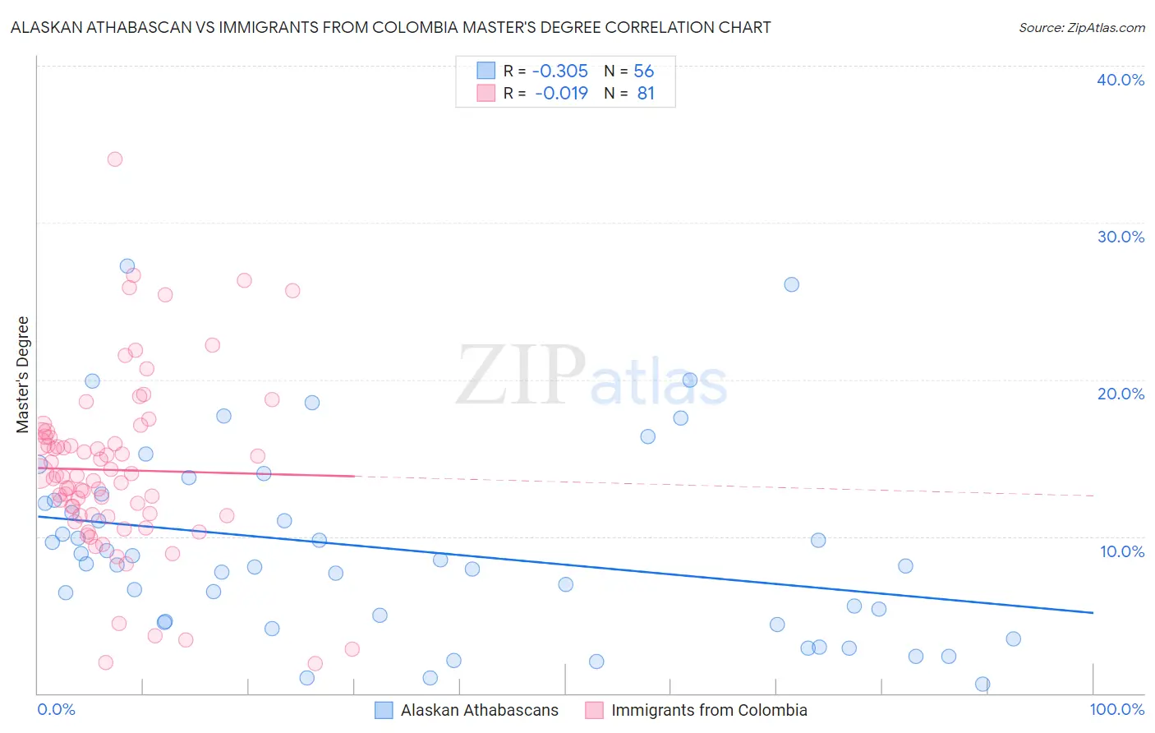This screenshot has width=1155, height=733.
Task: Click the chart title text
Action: point(390,27)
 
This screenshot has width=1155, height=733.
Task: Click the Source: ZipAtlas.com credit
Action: point(1081,27)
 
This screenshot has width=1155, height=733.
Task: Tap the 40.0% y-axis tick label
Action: point(1120,80)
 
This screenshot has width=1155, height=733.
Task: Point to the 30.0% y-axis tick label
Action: point(1120,237)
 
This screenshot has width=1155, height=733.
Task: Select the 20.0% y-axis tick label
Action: point(1120,394)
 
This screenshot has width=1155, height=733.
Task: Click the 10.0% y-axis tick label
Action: point(1121,551)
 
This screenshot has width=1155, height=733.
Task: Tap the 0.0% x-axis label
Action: point(56,709)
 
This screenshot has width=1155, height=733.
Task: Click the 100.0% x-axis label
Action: point(1116,709)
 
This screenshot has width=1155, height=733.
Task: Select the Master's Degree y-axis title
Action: point(23,374)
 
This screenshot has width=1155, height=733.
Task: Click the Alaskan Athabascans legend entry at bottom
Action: point(479,710)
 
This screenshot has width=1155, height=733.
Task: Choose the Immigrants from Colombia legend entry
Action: point(709,710)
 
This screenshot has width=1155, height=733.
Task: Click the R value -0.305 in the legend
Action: point(560,71)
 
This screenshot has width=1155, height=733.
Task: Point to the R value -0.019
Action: point(561,94)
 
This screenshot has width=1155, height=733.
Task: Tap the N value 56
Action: point(643,71)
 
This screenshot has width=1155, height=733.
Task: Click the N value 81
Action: point(646,94)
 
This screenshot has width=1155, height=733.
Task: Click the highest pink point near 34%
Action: point(115,159)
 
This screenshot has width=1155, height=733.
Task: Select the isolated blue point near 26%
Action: point(791,284)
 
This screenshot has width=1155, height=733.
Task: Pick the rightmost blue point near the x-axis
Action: point(982,685)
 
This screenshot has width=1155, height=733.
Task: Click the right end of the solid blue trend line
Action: point(1093,613)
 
